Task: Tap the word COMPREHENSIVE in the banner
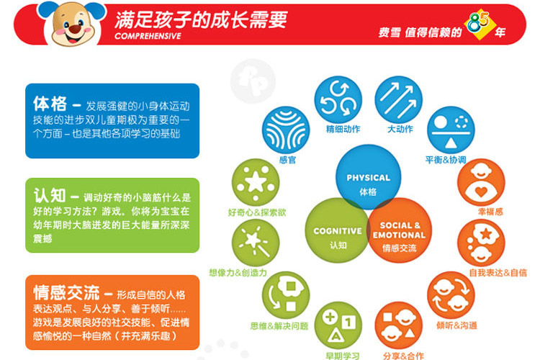[148, 36]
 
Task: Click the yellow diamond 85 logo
[480, 24]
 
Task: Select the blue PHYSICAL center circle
[368, 177]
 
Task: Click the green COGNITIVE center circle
[338, 230]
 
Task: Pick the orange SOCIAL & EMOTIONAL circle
[399, 230]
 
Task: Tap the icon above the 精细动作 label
[338, 99]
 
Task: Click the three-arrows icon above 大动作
[398, 99]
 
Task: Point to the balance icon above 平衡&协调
[451, 130]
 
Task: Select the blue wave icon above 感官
[286, 130]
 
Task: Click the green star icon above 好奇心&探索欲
[256, 182]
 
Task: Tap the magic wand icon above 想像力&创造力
[256, 243]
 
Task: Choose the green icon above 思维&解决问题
[286, 295]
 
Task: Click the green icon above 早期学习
[338, 325]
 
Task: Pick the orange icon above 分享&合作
[398, 325]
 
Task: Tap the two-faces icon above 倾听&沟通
[451, 295]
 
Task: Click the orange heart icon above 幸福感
[481, 182]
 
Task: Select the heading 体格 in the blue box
[50, 104]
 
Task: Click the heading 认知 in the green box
[50, 196]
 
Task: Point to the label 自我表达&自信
[498, 273]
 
